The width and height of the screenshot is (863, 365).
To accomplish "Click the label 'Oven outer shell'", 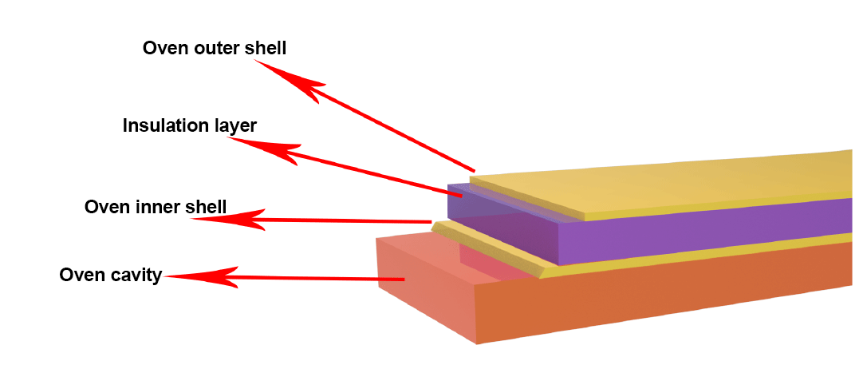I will pyautogui.click(x=214, y=48).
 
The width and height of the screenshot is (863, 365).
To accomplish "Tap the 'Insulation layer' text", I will pyautogui.click(x=189, y=126).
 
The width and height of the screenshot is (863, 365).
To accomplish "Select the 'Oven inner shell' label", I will pyautogui.click(x=155, y=208).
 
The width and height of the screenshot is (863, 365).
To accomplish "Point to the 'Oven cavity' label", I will pyautogui.click(x=110, y=276).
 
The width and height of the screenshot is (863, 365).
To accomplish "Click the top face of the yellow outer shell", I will pyautogui.click(x=678, y=180).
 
